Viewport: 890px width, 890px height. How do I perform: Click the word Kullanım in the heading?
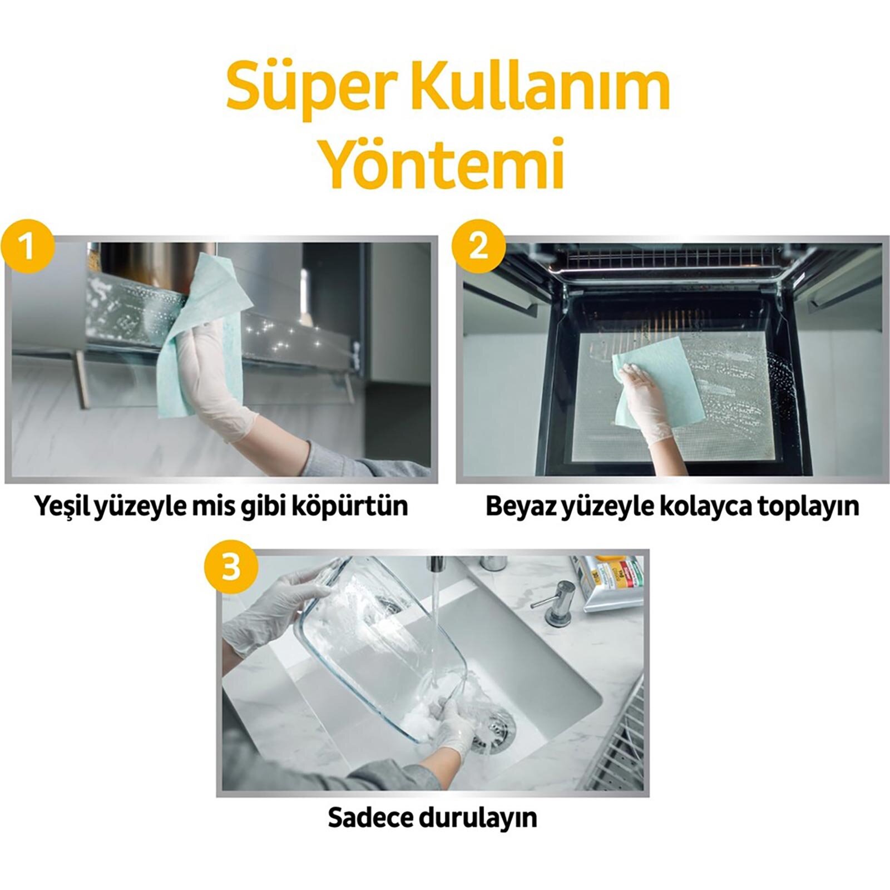tap(525, 88)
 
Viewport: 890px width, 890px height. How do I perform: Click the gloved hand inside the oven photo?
tap(645, 395)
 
